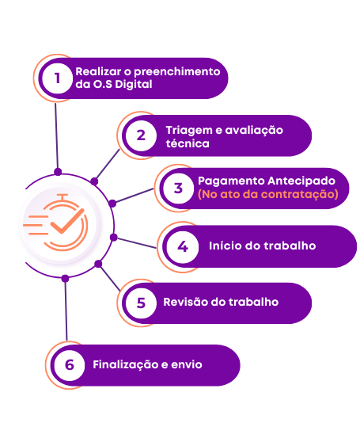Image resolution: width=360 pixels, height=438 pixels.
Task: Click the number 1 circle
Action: (58, 78)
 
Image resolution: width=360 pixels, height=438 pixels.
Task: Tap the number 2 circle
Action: (141, 135)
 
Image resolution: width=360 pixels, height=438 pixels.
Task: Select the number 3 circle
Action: (178, 188)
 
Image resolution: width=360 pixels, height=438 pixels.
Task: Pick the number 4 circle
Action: (183, 247)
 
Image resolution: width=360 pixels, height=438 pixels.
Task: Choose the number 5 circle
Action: (141, 303)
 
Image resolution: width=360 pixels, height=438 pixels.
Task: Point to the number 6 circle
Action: (69, 365)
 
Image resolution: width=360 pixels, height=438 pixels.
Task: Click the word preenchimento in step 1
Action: (177, 72)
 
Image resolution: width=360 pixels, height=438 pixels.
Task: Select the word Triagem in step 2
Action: (189, 131)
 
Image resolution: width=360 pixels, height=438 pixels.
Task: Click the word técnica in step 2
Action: (188, 143)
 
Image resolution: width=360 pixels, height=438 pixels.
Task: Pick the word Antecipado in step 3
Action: (301, 181)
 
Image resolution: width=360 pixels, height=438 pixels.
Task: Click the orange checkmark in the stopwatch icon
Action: (67, 221)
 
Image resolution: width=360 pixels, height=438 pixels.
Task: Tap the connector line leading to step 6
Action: (66, 310)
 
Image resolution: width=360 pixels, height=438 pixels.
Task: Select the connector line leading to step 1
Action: (57, 136)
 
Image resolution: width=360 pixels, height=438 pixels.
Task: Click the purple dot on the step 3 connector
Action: (112, 204)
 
